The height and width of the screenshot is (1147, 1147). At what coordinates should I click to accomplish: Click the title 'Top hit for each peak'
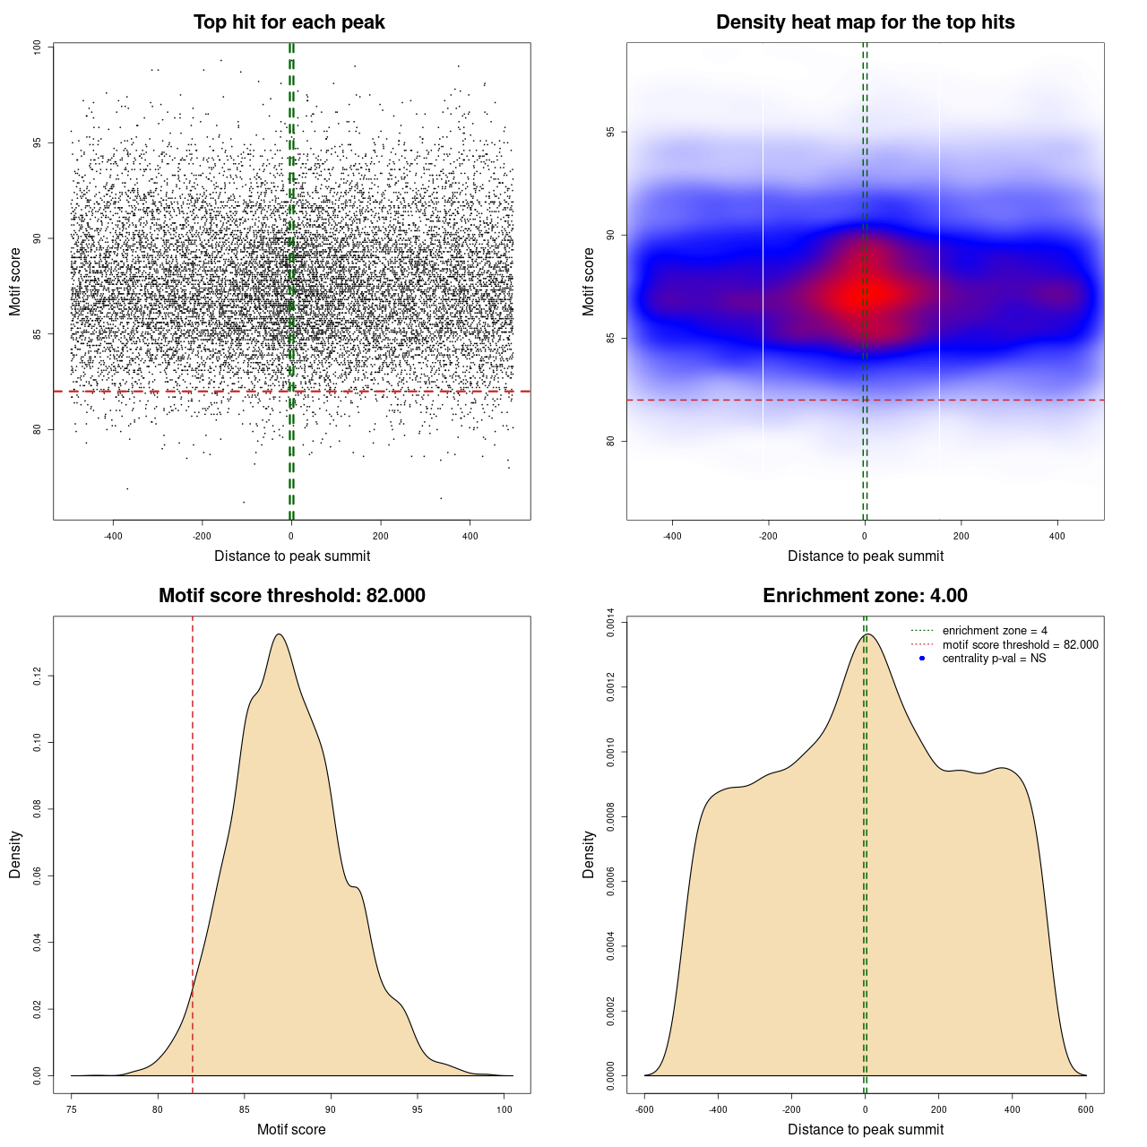coord(289,22)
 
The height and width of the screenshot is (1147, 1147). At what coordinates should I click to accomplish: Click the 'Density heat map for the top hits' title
coord(865,22)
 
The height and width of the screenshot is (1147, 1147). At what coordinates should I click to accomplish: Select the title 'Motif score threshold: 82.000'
coord(291,596)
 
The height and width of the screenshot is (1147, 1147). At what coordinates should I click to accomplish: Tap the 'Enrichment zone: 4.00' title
coord(865,596)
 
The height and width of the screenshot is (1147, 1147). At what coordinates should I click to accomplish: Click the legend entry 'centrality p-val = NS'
coord(994,659)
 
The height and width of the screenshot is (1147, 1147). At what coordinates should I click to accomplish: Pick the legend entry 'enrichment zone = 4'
coord(995,631)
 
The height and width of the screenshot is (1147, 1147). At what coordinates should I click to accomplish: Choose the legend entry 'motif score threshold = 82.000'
coord(1020,645)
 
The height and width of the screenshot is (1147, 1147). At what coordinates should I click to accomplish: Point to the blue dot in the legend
coord(922,659)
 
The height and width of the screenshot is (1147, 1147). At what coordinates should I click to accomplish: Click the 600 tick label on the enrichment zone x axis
coord(1086,1109)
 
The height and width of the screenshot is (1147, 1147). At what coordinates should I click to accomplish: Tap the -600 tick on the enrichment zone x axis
coord(644,1109)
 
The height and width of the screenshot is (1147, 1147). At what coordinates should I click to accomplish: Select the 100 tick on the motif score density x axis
coord(505,1109)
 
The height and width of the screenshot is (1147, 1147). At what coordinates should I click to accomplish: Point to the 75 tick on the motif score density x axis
coord(72,1109)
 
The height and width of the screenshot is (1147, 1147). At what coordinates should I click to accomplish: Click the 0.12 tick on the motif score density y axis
coord(37,676)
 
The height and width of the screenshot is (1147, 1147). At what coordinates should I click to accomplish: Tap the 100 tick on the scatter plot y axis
coord(37,47)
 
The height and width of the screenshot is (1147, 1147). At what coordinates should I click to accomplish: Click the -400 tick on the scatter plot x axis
coord(113,536)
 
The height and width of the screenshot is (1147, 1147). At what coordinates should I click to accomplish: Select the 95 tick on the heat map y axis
coord(610,132)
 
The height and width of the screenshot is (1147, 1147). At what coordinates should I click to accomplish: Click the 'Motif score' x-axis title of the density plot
coord(291,1129)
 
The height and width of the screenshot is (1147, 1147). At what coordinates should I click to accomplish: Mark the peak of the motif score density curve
coord(280,634)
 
